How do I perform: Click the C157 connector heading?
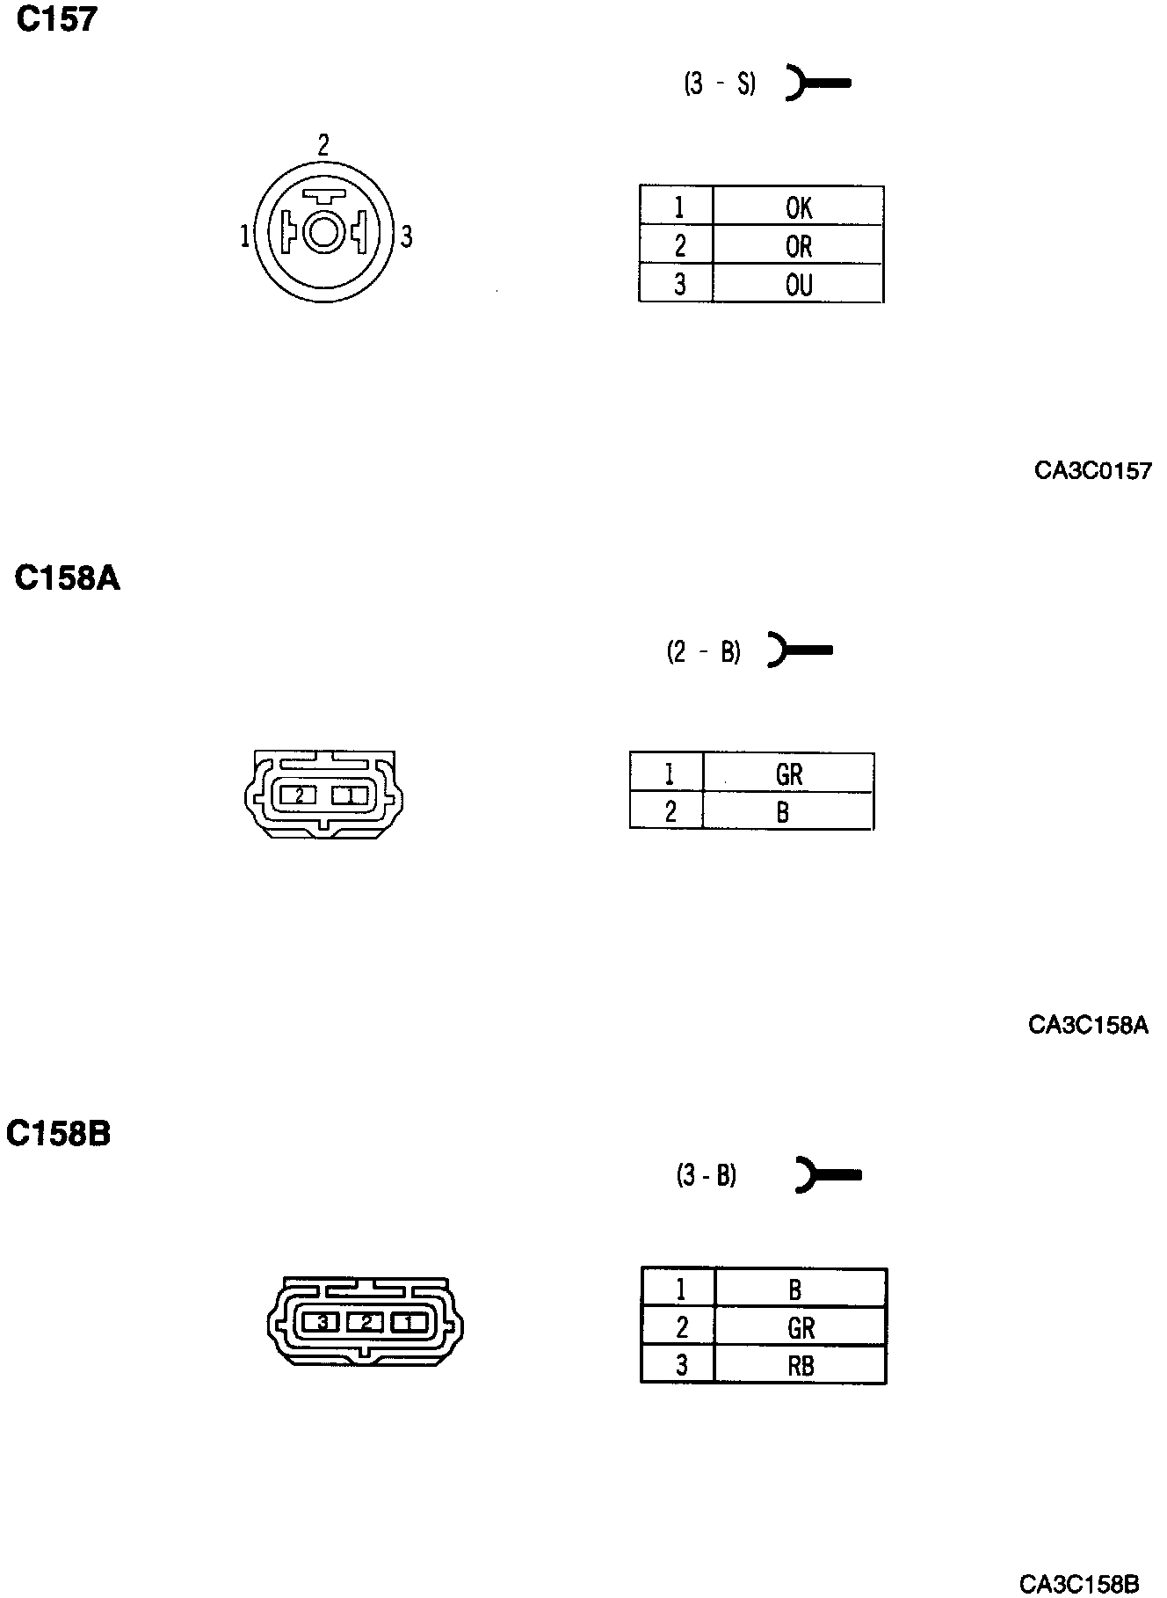click(x=57, y=19)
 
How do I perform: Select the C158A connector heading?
click(x=68, y=578)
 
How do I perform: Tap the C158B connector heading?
click(x=59, y=1133)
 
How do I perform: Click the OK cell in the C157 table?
click(x=798, y=207)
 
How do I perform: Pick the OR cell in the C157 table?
click(x=798, y=246)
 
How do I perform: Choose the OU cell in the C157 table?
click(x=798, y=285)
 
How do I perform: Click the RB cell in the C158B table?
click(x=801, y=1365)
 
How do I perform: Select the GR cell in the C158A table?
click(x=788, y=774)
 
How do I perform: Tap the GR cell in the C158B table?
click(x=801, y=1327)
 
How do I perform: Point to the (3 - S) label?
click(x=720, y=84)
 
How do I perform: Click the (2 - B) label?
click(x=704, y=651)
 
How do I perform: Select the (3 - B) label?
click(x=707, y=1175)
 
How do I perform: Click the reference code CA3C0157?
click(x=1092, y=471)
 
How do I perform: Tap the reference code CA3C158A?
click(x=1088, y=1025)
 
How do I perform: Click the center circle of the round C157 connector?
click(x=323, y=234)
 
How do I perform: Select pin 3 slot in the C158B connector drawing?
click(x=322, y=1321)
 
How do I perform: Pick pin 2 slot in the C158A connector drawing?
click(x=299, y=795)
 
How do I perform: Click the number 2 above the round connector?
click(x=323, y=145)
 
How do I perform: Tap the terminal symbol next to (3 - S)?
click(x=817, y=84)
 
